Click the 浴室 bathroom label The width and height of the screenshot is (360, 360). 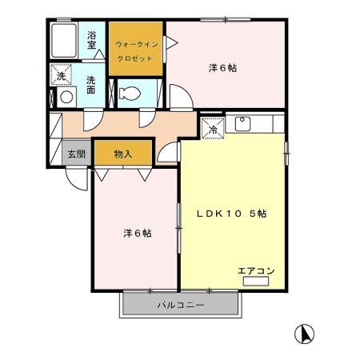point(92,41)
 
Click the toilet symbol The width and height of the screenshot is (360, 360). point(129,94)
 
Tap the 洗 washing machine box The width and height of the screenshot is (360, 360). point(62,76)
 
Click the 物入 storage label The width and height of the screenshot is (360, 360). point(122,152)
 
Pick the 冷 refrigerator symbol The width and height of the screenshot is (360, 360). point(214,128)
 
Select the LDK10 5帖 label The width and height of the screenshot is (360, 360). point(232,214)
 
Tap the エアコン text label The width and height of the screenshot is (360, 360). point(256,270)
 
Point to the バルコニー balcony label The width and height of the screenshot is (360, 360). point(180,306)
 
